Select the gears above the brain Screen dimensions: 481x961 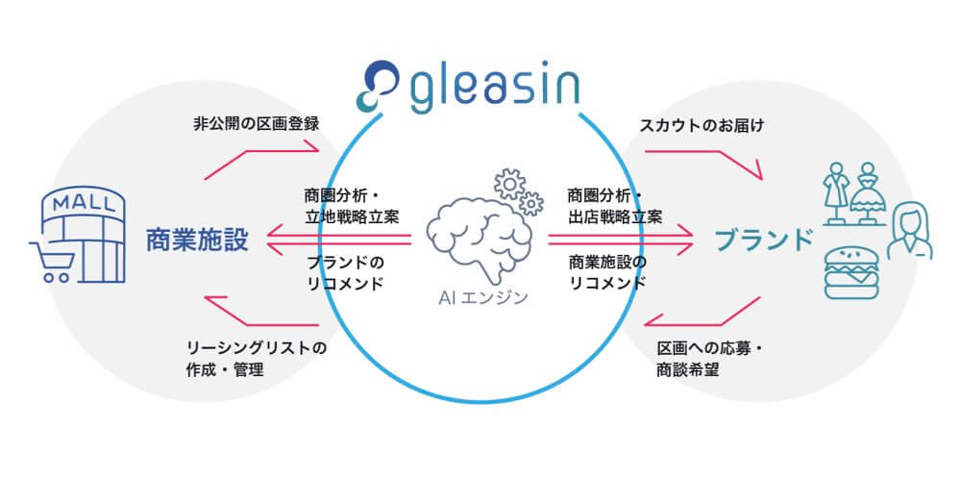point(516,190)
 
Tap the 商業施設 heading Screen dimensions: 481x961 point(198,240)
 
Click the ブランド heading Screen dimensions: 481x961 point(758,239)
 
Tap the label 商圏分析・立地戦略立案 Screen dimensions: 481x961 point(347,204)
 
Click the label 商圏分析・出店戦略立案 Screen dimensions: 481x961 point(615,204)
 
